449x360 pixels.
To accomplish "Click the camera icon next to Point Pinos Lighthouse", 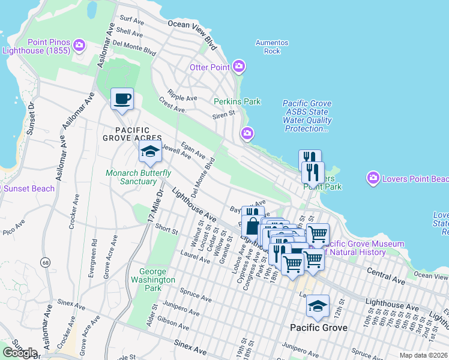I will pyautogui.click(x=79, y=46).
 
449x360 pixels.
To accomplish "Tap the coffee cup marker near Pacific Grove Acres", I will pyautogui.click(x=122, y=99).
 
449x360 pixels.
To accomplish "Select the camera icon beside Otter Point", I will pyautogui.click(x=238, y=67).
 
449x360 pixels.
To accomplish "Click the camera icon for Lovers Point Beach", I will pyautogui.click(x=373, y=178).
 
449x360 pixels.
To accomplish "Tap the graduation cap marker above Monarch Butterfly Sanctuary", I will pyautogui.click(x=150, y=152).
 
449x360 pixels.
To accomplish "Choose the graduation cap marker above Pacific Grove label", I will pyautogui.click(x=318, y=306).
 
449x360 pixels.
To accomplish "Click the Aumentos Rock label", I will pyautogui.click(x=272, y=47).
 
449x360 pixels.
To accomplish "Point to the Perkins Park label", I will pyautogui.click(x=237, y=101).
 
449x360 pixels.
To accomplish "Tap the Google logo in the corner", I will pyautogui.click(x=20, y=353).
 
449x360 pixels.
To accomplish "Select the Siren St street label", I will pyautogui.click(x=223, y=115).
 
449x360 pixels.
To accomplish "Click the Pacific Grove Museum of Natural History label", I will pyautogui.click(x=363, y=248).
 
